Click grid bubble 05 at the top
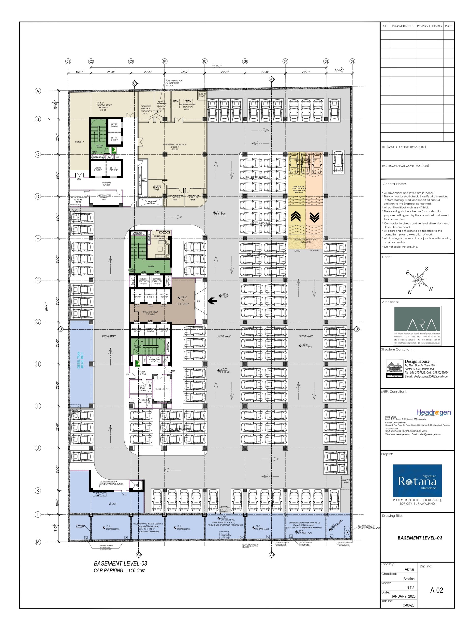click(x=205, y=61)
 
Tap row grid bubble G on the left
click(x=38, y=322)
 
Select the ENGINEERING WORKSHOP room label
click(x=175, y=145)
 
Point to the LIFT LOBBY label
click(x=182, y=304)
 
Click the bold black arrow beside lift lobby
click(x=212, y=300)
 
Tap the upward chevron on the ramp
click(x=296, y=217)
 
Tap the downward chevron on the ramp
click(x=314, y=217)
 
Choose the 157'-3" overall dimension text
click(x=217, y=66)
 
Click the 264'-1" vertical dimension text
click(x=46, y=306)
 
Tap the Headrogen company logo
click(x=433, y=412)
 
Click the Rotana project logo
click(x=417, y=481)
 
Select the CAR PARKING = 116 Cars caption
click(x=119, y=570)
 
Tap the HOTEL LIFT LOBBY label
click(x=150, y=313)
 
